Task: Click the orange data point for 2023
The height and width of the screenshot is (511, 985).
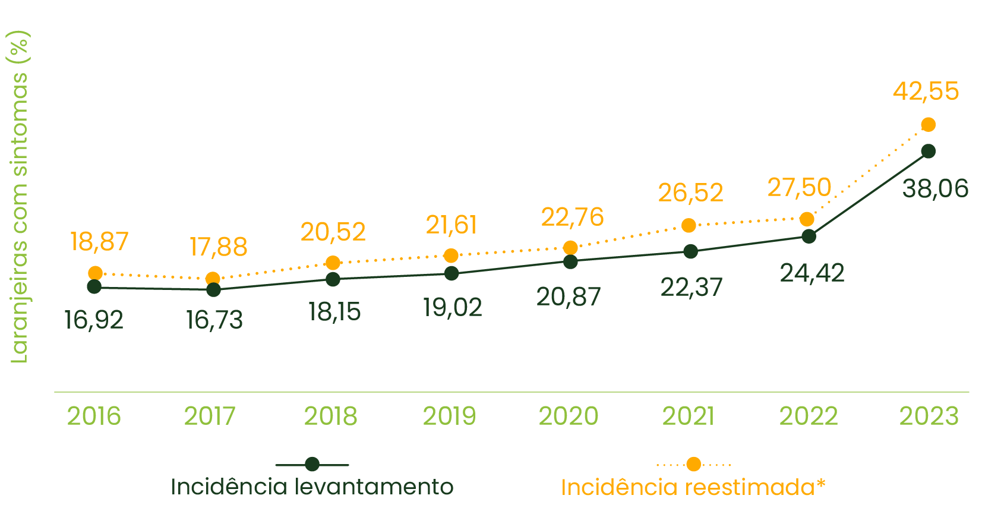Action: point(928,124)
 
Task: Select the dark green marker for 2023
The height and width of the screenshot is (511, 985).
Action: point(928,152)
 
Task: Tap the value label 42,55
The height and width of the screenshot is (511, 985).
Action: point(926,92)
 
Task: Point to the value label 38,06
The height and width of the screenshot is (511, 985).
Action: point(935,189)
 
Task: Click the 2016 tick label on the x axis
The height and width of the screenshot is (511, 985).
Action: point(94,416)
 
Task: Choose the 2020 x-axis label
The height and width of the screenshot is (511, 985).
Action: point(569,416)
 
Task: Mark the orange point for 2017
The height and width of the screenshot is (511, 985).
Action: point(213,279)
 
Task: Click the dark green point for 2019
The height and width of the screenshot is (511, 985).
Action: point(452,273)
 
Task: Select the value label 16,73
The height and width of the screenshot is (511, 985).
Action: point(214,320)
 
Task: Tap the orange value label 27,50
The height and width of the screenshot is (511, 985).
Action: point(799,188)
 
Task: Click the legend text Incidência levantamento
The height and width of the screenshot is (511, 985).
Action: point(312,487)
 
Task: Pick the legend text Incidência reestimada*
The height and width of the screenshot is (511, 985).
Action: point(693,487)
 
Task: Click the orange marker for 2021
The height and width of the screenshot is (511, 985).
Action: point(689,225)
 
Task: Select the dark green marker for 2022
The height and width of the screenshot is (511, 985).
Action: point(809,236)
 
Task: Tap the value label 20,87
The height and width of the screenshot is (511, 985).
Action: point(569,297)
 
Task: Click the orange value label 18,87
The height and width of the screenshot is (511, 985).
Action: point(99,242)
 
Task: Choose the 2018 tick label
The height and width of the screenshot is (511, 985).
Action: point(331,416)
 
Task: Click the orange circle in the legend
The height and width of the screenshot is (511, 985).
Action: point(693,464)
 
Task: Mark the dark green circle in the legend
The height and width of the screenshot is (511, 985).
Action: point(312,464)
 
